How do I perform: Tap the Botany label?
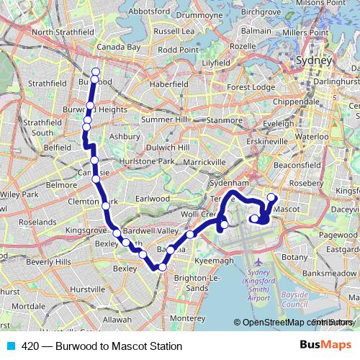coord(295,256)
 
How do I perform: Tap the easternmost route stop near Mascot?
coord(271,197)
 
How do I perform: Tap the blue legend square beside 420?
coord(10,346)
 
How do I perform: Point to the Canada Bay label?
coord(118,47)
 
